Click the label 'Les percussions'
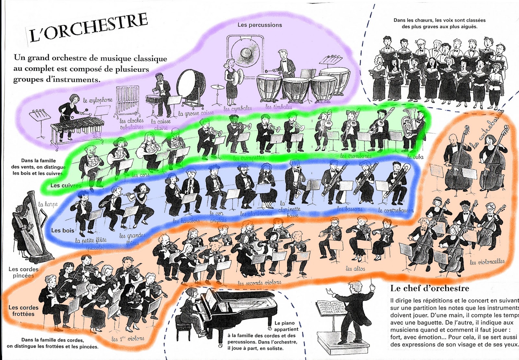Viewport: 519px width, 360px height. (259, 25)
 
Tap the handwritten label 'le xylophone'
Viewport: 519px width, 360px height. (98, 100)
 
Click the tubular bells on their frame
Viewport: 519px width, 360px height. (127, 101)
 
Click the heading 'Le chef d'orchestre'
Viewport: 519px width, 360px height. (429, 288)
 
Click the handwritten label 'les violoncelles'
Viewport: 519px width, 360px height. (487, 262)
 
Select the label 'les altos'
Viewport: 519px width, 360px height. (355, 268)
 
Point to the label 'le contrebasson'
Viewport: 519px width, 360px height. (396, 210)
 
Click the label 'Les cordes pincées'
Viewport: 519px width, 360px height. (23, 272)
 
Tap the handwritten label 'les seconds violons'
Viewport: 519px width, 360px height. (259, 283)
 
